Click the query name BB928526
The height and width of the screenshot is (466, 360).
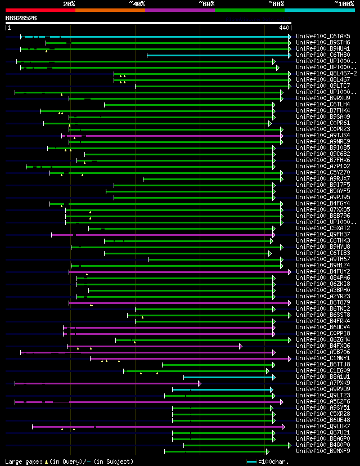point(21,18)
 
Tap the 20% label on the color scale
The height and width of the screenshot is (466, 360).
point(69,3)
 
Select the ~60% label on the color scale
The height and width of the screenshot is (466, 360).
point(206,3)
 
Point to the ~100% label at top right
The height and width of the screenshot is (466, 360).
point(344,3)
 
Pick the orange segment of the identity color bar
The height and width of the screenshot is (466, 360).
point(110,10)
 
